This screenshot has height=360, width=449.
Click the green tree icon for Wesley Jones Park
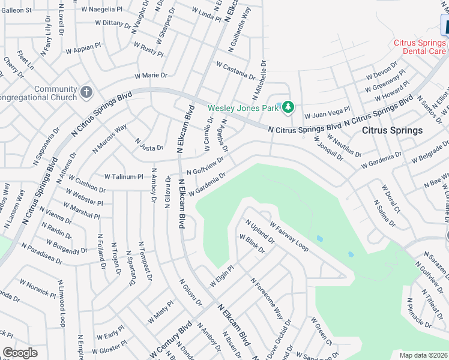pos(288,107)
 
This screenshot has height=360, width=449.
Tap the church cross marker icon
pos(86,92)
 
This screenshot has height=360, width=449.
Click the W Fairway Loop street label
pos(289,237)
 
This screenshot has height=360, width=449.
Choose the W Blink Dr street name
pos(252,244)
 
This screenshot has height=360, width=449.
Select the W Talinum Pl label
pos(124,177)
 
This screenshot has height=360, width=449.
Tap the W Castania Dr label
pos(235,70)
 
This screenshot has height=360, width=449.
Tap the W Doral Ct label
pos(391,199)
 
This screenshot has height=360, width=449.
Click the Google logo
pos(20,353)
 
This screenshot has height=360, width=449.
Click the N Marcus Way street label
pos(110,137)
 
